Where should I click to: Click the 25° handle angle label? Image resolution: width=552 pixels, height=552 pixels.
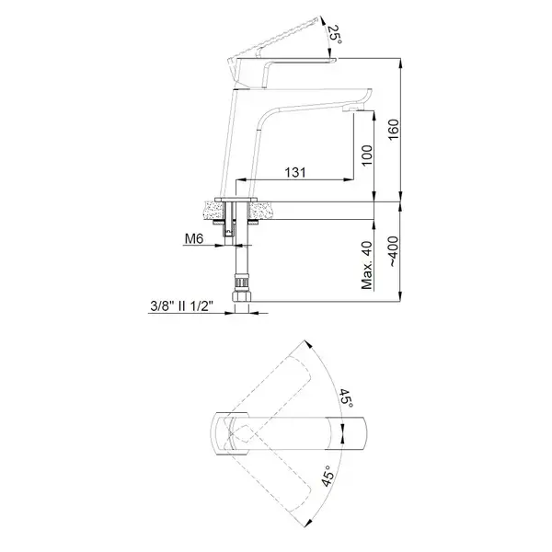pos(335,35)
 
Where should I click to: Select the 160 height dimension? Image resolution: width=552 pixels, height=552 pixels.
pos(394,129)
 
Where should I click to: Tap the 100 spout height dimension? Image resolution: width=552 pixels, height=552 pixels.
pos(366,155)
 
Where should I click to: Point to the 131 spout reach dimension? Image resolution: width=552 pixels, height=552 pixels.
pos(295,173)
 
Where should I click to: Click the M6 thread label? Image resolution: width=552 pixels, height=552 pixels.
pos(194,238)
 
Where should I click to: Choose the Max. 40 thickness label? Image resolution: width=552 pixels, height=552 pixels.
pos(367,265)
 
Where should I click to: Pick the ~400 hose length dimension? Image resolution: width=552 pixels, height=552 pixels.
pos(394,251)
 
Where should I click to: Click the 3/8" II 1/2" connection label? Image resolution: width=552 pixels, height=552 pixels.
pos(181,306)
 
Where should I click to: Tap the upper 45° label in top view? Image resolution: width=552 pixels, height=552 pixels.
pos(346,398)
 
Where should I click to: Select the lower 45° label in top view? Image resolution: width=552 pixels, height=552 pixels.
pos(328,476)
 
